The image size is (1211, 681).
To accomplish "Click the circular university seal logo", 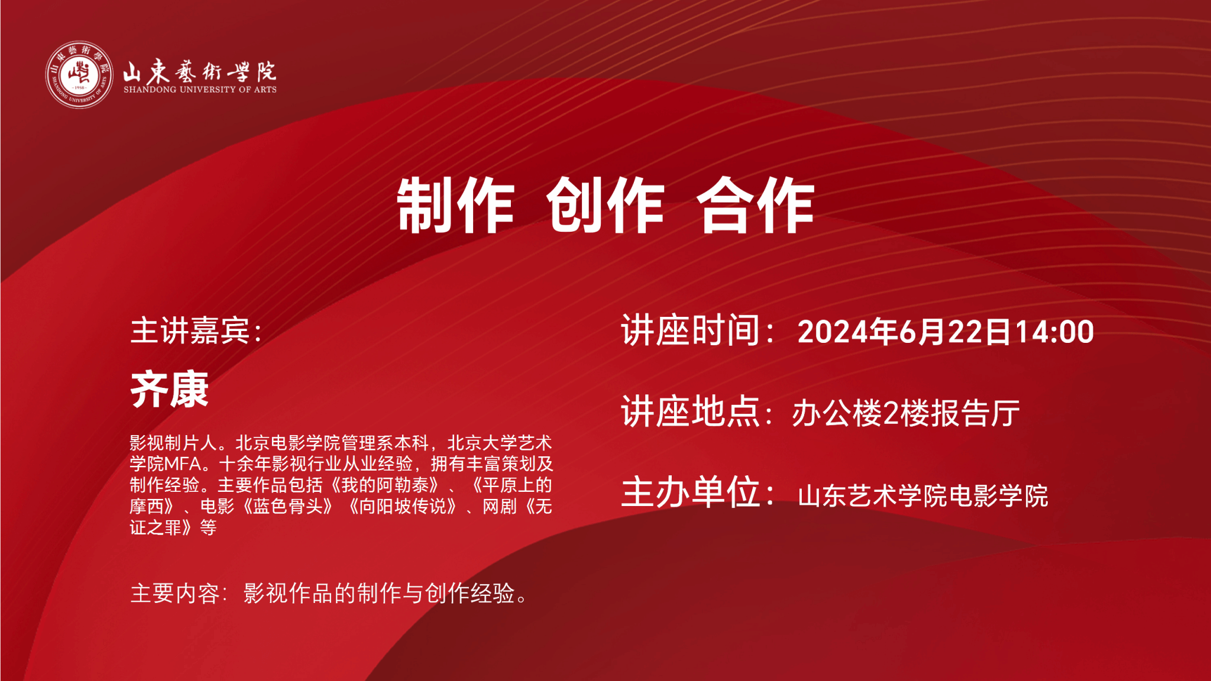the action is tap(79, 75).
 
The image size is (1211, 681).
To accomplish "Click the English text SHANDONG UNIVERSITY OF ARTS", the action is tap(200, 90).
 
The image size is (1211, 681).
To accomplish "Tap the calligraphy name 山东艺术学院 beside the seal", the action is tap(200, 71).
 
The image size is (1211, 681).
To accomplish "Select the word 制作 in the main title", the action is tap(455, 205).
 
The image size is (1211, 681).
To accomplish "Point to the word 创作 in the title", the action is tap(605, 205).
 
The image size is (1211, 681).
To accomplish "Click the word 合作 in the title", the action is tap(756, 205).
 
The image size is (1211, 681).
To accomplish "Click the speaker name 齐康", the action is tap(170, 390).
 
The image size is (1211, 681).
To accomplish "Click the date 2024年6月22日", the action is tap(905, 332).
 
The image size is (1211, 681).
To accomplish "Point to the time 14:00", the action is tap(1054, 332).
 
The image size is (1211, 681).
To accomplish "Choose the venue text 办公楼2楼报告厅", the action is tap(906, 413).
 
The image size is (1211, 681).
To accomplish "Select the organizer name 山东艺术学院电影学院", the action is tap(923, 496).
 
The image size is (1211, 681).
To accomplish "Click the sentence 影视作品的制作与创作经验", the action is tap(379, 594).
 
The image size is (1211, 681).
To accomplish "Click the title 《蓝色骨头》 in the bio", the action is tap(288, 507).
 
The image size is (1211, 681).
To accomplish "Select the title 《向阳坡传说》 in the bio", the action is tap(403, 507).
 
